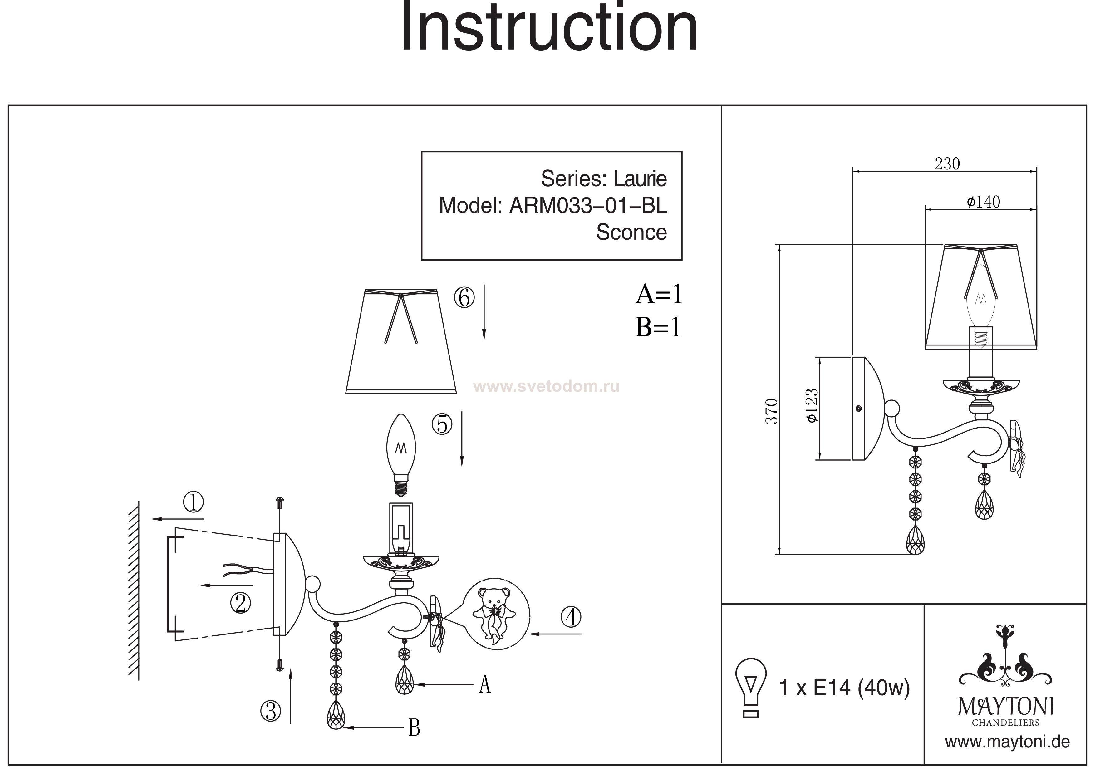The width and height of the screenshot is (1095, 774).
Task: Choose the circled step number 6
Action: pyautogui.click(x=464, y=298)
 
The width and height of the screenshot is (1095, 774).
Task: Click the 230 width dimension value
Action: pyautogui.click(x=947, y=164)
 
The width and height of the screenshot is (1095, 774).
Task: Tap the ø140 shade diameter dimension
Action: pyautogui.click(x=983, y=202)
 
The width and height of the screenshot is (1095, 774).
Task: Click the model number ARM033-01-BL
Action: pyautogui.click(x=588, y=206)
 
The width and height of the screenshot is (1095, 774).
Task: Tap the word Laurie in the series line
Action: pyautogui.click(x=640, y=179)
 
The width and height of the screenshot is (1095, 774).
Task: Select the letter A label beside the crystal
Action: pyautogui.click(x=484, y=684)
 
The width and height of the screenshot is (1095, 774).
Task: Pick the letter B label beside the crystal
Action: pyautogui.click(x=414, y=728)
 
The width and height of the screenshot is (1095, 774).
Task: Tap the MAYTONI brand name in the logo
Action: pyautogui.click(x=1005, y=707)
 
